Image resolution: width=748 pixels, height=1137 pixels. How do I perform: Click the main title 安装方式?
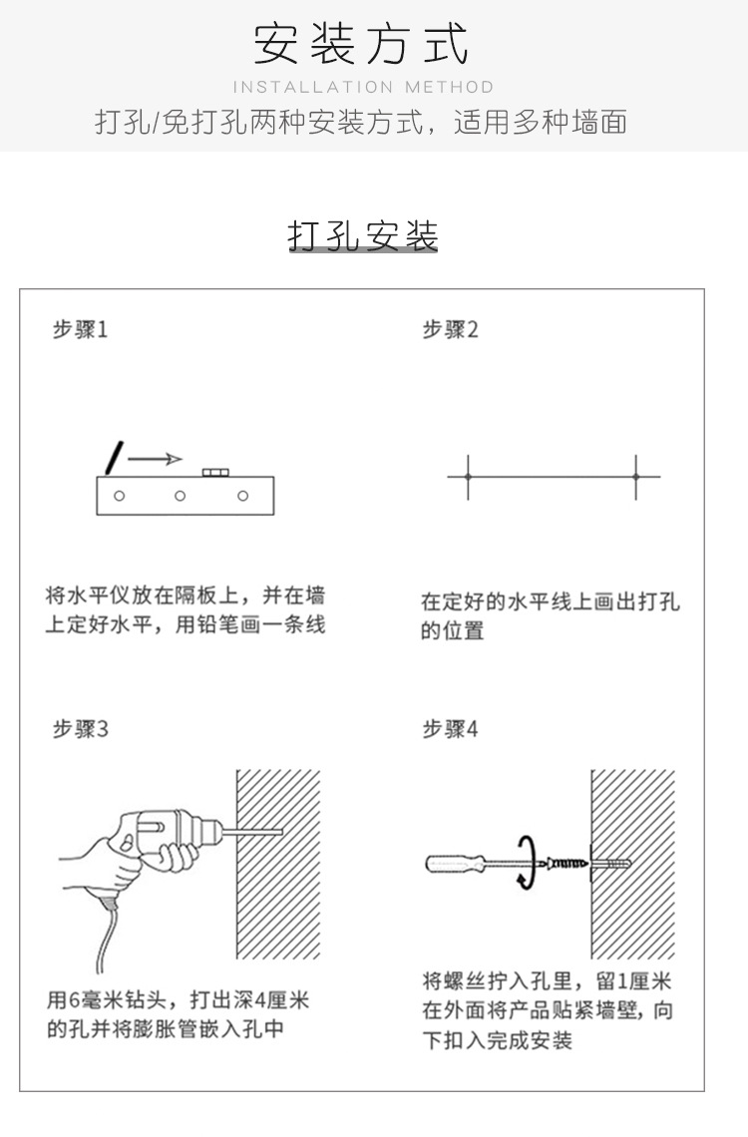pos(361,45)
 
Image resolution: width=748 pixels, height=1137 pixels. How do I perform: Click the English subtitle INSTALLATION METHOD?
pos(363,88)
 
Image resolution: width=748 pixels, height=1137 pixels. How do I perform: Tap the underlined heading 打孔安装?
pos(363,236)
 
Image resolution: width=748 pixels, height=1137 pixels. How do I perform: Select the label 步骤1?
pos(80,329)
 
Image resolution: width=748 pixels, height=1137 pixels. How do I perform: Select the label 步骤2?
pos(450,329)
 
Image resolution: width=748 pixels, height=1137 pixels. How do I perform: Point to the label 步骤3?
pos(80,729)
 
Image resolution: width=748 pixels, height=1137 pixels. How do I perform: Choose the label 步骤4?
pos(450,729)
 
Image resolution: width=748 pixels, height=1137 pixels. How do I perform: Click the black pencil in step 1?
pos(116,456)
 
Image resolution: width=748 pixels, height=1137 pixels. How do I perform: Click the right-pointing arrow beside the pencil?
pos(156,459)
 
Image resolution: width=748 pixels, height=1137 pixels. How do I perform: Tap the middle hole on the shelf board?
pos(180,496)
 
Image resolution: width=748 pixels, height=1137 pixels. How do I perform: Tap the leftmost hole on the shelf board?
pos(119,496)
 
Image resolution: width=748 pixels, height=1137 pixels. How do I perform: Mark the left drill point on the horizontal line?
pos(468,477)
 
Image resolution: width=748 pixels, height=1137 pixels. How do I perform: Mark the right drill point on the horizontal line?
pos(635,477)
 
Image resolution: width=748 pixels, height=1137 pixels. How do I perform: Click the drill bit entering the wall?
pos(256,830)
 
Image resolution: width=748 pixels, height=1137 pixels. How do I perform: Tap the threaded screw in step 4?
pos(567,860)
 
